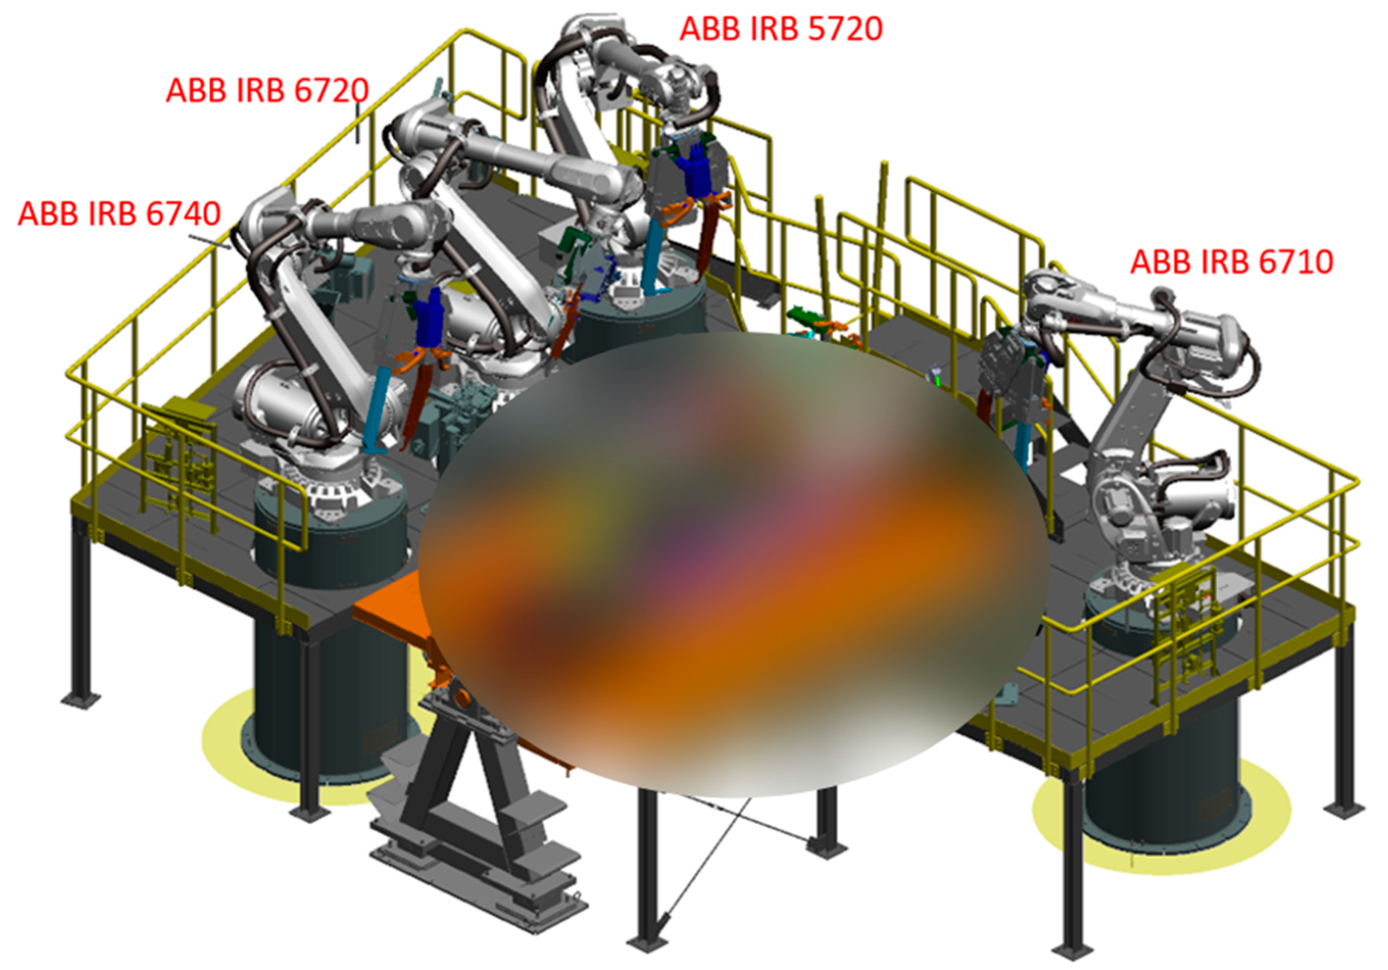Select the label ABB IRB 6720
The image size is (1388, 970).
(267, 91)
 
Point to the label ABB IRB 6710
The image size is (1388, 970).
(1232, 262)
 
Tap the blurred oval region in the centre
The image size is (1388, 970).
(732, 562)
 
